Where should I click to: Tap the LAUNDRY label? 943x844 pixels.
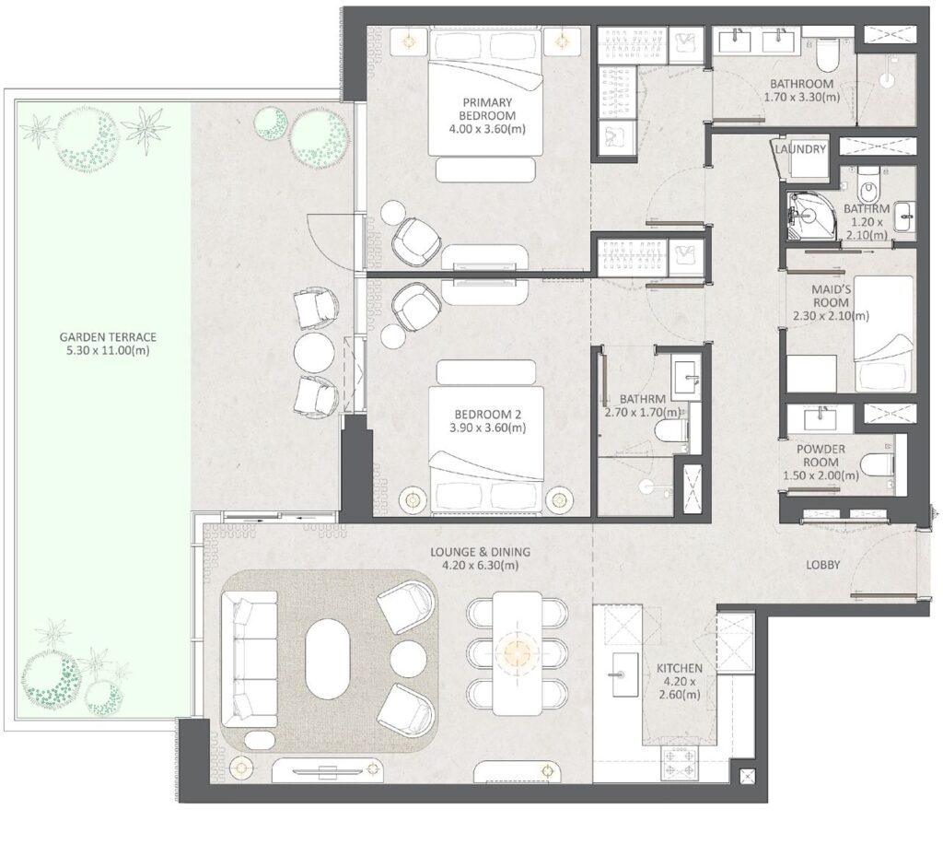(x=800, y=148)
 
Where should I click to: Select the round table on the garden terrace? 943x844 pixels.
(x=312, y=350)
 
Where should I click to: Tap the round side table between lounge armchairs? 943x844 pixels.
(x=408, y=659)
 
